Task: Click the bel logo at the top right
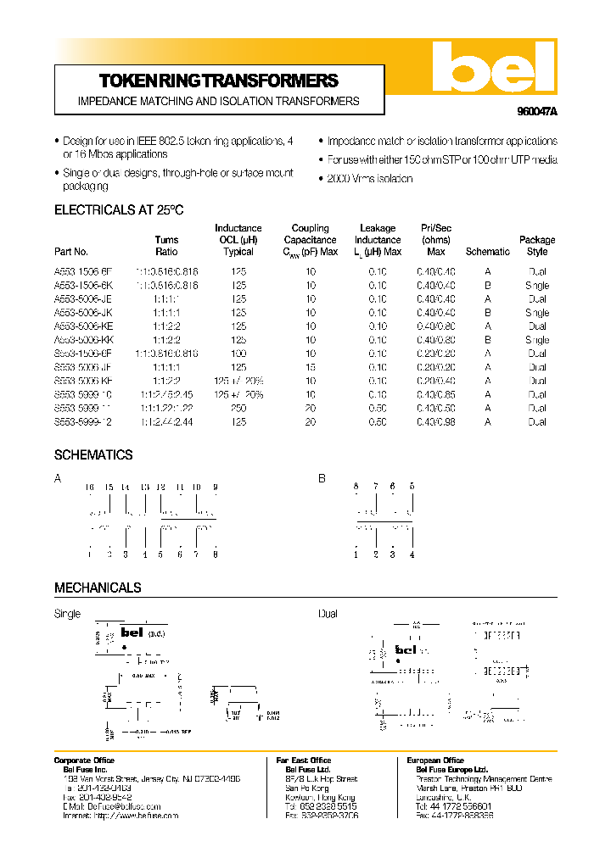492,67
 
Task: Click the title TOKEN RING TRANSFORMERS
219,81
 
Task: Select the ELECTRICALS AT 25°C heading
119,209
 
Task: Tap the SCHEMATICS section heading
93,455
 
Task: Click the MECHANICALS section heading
98,588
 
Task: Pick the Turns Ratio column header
167,246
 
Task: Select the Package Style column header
537,246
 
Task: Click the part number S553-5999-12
82,421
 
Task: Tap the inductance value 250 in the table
238,408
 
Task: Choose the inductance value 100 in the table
238,354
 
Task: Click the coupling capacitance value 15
311,367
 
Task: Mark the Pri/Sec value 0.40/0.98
436,421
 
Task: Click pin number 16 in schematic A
89,487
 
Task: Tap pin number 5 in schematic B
412,486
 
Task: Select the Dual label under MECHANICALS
328,614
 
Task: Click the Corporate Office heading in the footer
84,760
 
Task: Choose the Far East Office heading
303,760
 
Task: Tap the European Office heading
435,760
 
